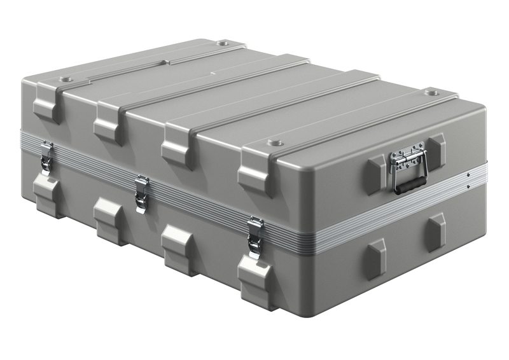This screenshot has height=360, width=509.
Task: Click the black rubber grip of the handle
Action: [410, 184]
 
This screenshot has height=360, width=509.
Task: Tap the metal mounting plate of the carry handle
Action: [407, 158]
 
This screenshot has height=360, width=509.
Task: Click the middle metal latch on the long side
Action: [141, 193]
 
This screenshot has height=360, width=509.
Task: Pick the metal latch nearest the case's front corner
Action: [255, 236]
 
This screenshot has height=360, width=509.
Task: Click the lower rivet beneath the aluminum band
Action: [469, 186]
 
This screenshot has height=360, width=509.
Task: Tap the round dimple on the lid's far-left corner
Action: [66, 80]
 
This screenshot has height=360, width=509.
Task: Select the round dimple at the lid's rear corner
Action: [223, 43]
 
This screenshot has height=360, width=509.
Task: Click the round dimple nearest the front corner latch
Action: [274, 142]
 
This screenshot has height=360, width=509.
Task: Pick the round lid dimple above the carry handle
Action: [433, 92]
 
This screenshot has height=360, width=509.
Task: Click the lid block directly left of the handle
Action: [375, 174]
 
